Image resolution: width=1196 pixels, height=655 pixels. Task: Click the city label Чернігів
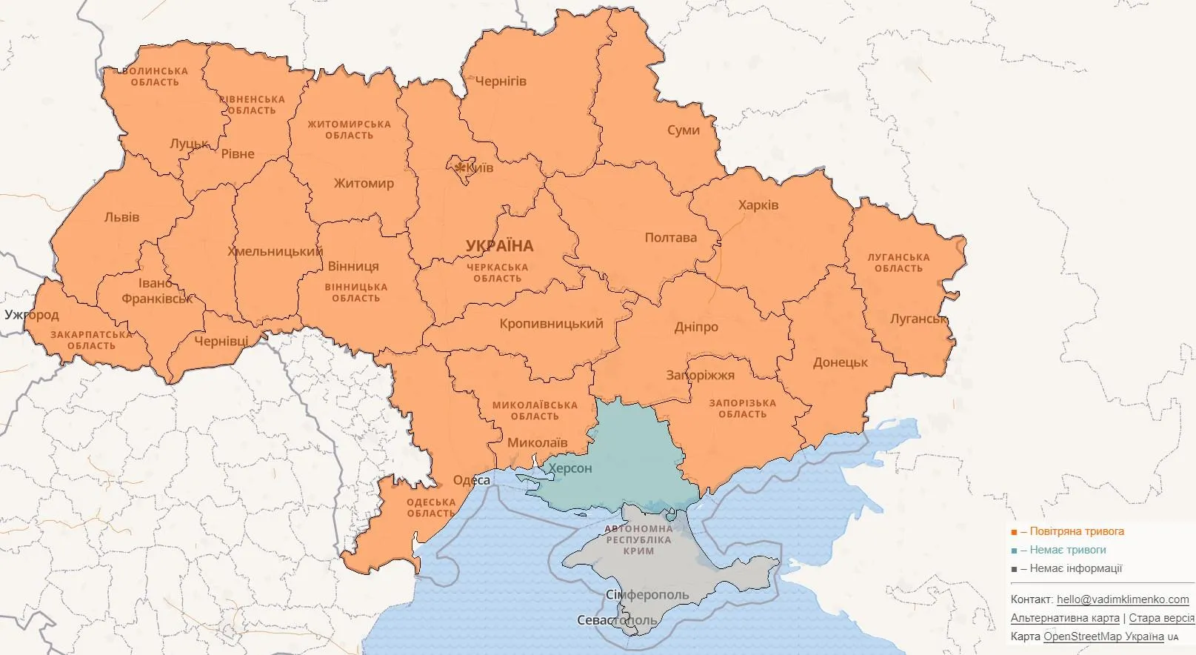501,81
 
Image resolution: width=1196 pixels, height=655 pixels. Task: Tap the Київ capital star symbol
461,168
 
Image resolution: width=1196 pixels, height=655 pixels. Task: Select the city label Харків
758,205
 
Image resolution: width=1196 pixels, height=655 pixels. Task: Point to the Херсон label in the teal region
569,468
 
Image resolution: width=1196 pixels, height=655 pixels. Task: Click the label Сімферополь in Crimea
647,595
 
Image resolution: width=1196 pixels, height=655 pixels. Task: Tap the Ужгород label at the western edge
31,315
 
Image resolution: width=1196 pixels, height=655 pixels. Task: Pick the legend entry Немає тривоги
1066,550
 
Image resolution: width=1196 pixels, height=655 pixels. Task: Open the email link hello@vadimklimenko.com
1123,599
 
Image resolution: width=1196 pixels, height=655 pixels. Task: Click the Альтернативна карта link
1064,618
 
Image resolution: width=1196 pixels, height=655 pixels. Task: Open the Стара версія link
1161,618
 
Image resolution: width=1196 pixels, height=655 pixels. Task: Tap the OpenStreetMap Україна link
1104,636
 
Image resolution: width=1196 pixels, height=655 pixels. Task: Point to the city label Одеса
471,480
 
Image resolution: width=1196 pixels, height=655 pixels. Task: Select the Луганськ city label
918,319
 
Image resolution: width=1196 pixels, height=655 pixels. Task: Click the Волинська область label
155,76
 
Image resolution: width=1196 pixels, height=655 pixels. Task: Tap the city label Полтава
670,238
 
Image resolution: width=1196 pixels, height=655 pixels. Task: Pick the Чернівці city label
221,341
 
